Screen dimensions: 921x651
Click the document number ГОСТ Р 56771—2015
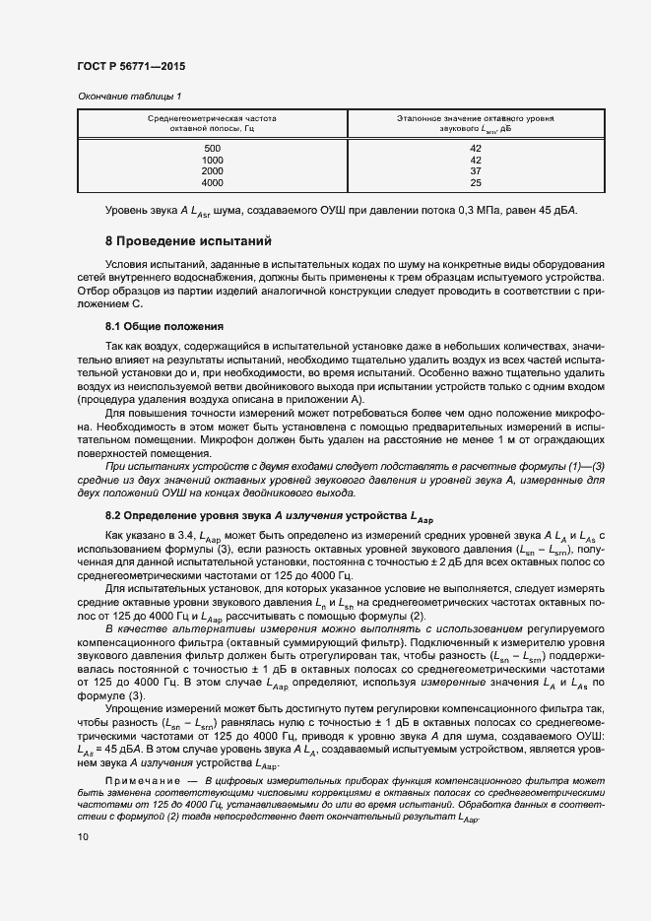(x=130, y=66)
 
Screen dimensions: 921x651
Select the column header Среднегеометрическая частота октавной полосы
(x=212, y=123)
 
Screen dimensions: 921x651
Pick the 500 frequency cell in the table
(x=212, y=148)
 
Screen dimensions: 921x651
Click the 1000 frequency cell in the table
(x=212, y=160)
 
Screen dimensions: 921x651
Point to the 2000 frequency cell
(x=212, y=171)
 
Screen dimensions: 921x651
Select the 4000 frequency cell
(x=212, y=183)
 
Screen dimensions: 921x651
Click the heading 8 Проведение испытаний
(x=188, y=241)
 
